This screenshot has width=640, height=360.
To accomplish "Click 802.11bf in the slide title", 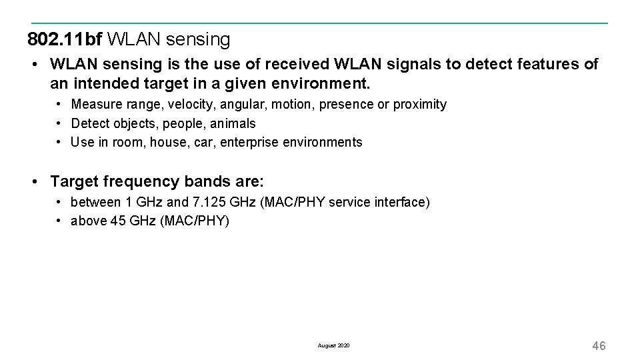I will point(65,40).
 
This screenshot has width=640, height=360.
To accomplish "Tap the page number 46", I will point(599,345).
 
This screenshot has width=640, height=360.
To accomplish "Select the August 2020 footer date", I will point(333,346).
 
